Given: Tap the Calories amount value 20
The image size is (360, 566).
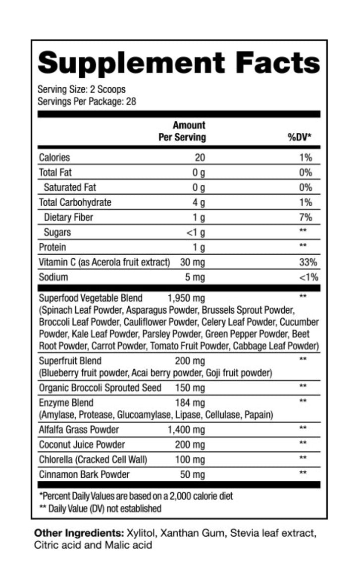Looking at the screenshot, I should [200, 158].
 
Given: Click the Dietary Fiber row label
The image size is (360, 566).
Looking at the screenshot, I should [68, 217].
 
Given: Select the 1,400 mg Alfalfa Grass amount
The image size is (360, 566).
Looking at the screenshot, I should [187, 430].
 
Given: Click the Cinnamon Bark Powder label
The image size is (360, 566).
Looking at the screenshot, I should [84, 474].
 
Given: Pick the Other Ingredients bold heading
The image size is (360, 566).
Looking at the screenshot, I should [75, 534].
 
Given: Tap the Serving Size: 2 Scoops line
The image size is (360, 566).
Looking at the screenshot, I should [82, 90].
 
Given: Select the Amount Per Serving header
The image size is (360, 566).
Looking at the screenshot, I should [182, 131].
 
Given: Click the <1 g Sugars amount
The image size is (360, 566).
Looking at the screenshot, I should [196, 232].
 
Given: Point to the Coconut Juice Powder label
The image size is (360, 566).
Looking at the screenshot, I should [82, 445].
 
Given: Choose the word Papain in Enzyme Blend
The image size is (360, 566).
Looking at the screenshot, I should [260, 414].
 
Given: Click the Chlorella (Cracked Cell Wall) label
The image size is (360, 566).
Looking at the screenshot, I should [93, 459].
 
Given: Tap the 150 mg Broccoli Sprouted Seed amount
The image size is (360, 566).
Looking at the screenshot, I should [190, 388].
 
